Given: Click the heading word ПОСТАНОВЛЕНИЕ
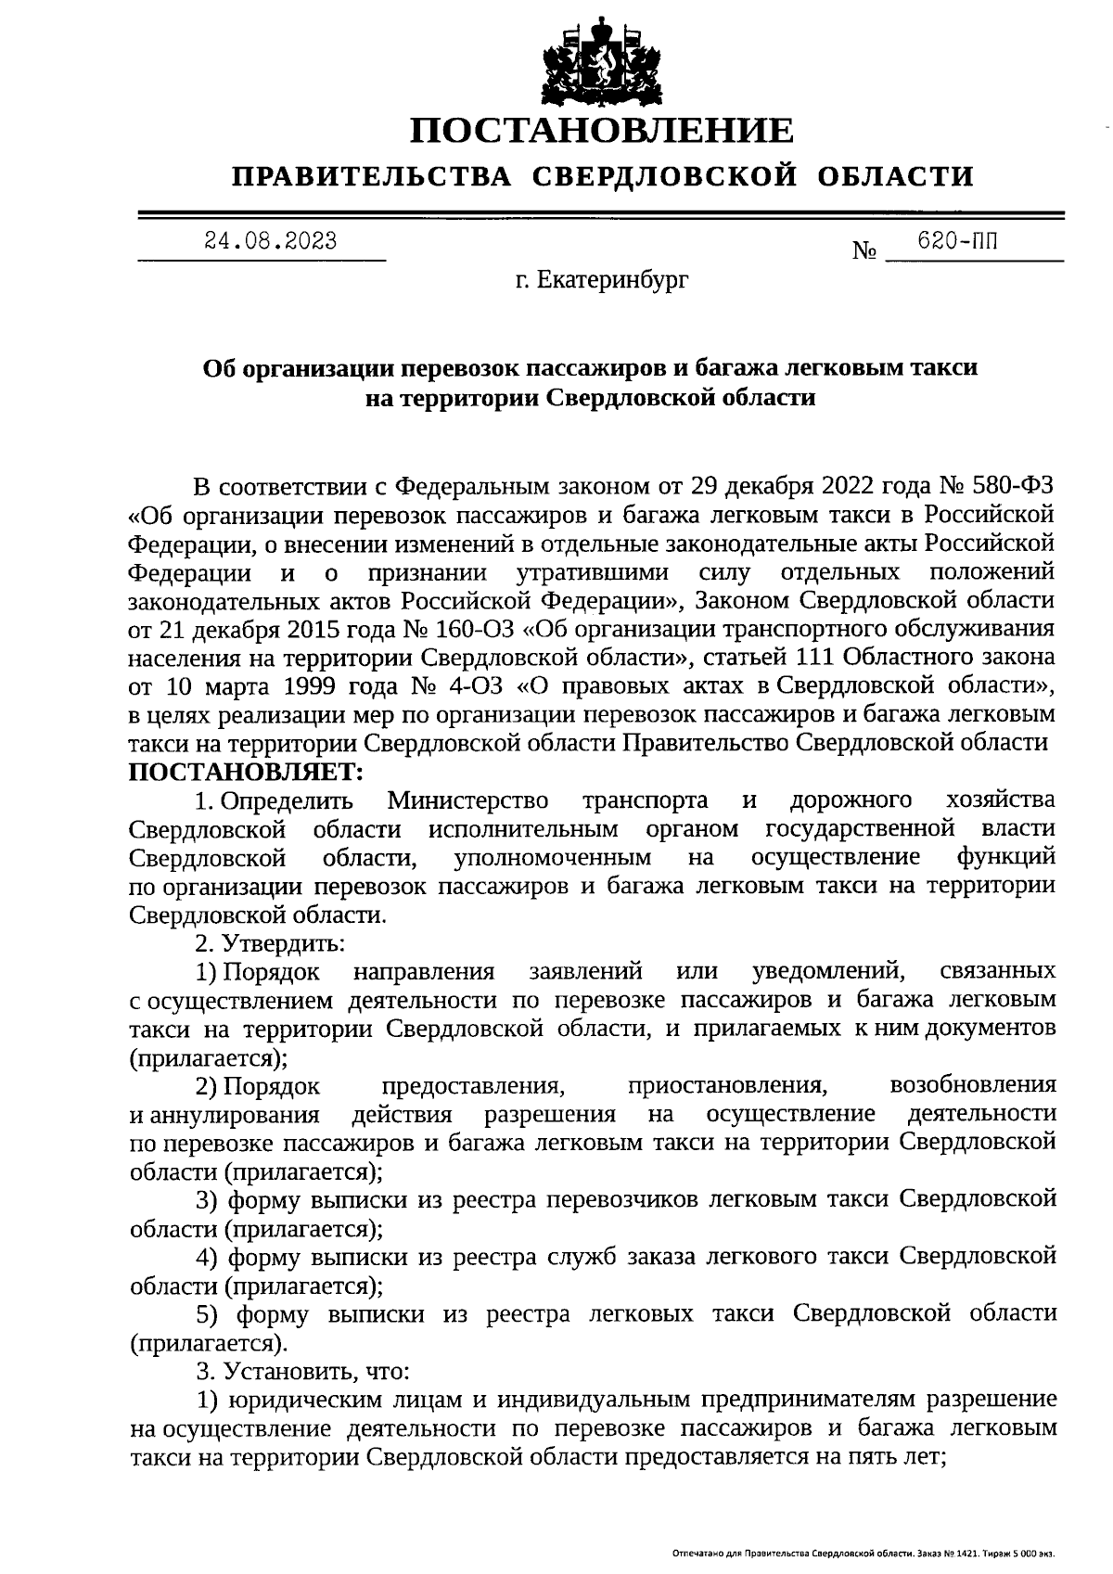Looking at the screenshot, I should pyautogui.click(x=603, y=130).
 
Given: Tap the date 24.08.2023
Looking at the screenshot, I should pyautogui.click(x=271, y=242).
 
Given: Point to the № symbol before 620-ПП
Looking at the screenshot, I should pyautogui.click(x=864, y=251).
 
